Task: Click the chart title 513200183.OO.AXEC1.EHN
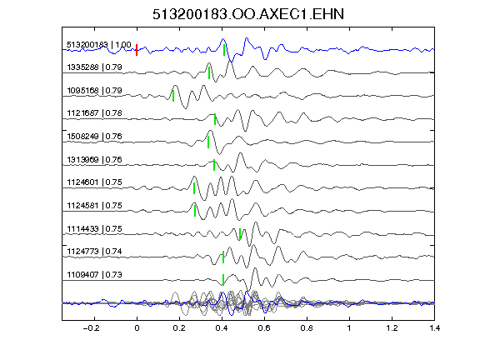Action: pos(248,14)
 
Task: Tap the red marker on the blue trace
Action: pos(137,50)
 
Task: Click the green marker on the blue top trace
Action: pos(224,50)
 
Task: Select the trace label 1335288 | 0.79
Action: pos(95,67)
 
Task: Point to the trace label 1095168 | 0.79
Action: pos(95,91)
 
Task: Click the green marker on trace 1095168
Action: pos(173,96)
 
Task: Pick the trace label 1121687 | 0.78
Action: pos(95,113)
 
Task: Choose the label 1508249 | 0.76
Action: pos(95,136)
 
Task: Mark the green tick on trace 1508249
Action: pos(208,142)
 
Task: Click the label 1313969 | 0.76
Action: pos(95,159)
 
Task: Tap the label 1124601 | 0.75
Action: pos(95,182)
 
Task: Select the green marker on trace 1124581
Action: pos(195,211)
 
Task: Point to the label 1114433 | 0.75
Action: pos(95,228)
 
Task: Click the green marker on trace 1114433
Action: pos(240,234)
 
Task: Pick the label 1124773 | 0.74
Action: pos(95,252)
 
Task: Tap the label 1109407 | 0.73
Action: pos(95,275)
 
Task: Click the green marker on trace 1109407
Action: pos(223,280)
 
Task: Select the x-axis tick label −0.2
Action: pos(92,328)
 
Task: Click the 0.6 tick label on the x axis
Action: pos(264,328)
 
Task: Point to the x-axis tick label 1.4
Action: pos(434,328)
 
